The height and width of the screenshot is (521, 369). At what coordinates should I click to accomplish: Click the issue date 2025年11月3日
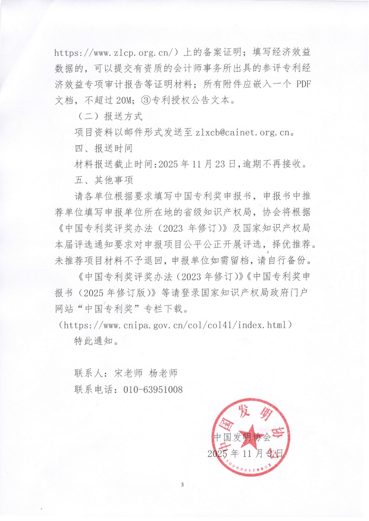(246, 454)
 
